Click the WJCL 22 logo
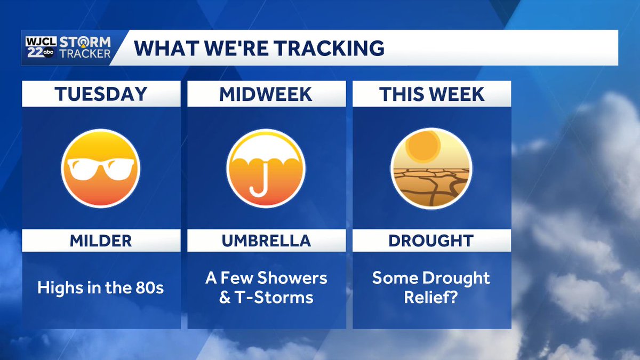point(38,47)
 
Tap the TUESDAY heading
point(101,94)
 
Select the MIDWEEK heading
point(266,94)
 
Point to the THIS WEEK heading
point(431,94)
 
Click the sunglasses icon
point(101,168)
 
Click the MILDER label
point(101,241)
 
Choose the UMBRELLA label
point(266,241)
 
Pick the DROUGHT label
point(431,241)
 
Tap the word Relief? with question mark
point(431,297)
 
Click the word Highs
point(57,288)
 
